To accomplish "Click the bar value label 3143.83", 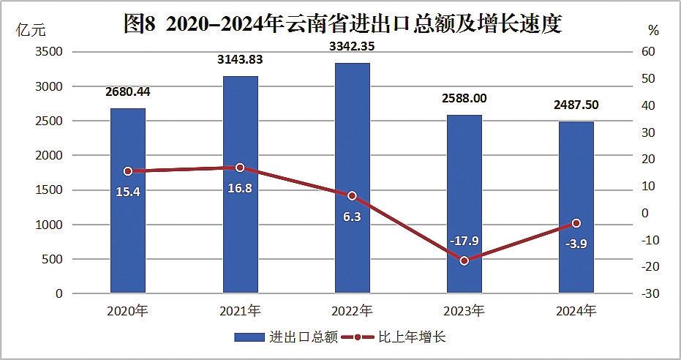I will coord(240,60).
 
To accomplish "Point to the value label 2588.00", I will coord(464,98).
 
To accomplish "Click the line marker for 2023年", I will coord(464,260).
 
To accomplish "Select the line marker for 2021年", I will coord(240,168).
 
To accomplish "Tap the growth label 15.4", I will coord(128,191).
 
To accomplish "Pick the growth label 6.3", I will coord(352,217).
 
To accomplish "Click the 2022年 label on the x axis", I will coord(352,310).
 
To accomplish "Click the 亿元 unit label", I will coord(30,30).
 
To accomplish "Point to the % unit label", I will coord(653,30).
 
